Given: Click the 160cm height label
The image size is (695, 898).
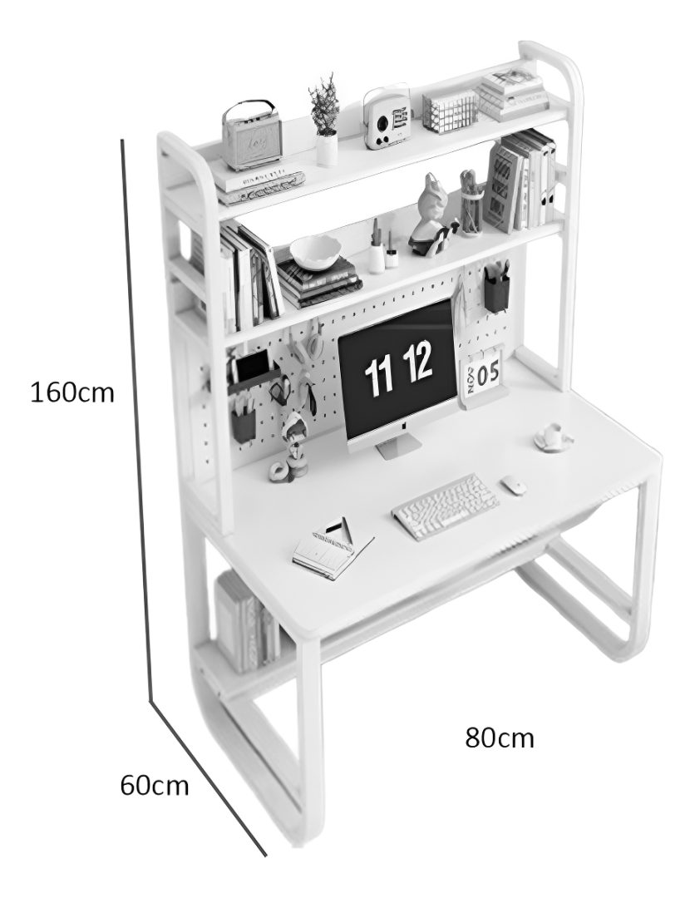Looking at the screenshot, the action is point(72,392).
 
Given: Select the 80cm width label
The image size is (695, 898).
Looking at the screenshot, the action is point(499,738).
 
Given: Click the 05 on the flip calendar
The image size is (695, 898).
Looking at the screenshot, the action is point(488,375).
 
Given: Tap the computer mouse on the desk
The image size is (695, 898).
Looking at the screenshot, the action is point(514,485).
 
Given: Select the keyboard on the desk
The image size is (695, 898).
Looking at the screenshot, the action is point(446,506).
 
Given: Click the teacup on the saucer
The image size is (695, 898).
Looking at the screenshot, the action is point(554,435).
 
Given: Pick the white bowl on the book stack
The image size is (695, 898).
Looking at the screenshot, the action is point(315,253).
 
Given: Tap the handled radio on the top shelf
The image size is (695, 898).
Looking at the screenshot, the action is point(253,136).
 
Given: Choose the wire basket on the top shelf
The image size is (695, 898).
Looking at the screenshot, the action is point(450,111).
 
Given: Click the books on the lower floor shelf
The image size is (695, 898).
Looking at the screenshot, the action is point(247,622).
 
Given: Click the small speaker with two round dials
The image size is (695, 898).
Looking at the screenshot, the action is point(388,118).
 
